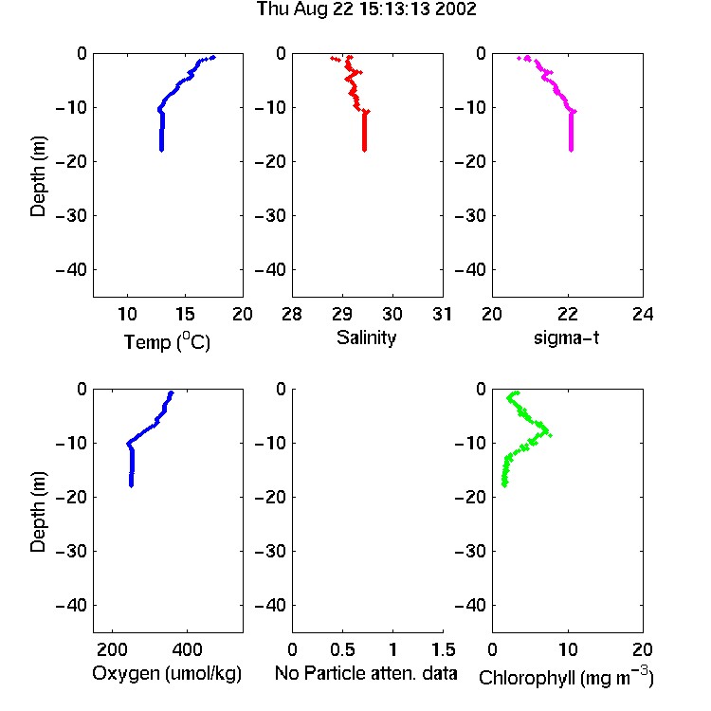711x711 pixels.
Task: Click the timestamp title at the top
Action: tap(366, 9)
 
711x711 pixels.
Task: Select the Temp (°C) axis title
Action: tap(167, 341)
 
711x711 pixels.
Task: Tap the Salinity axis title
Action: tap(366, 337)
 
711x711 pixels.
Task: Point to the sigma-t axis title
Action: tap(566, 337)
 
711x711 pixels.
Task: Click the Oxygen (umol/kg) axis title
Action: tap(167, 673)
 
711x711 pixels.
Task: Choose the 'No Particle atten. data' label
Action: tap(366, 673)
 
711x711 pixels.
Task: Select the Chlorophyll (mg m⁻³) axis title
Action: tap(566, 677)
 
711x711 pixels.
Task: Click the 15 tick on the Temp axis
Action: tap(185, 314)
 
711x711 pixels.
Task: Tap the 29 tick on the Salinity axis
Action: tap(342, 314)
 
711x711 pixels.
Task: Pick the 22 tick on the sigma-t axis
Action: tap(567, 314)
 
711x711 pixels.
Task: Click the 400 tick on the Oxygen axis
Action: tap(187, 649)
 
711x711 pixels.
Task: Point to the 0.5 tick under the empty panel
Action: tap(342, 649)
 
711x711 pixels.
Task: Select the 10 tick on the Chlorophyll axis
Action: tap(567, 649)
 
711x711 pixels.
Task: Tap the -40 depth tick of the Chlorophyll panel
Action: tap(470, 605)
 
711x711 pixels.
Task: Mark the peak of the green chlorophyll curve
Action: tap(551, 435)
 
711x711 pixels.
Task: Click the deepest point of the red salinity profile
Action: tap(364, 150)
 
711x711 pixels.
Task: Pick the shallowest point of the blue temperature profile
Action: tap(212, 57)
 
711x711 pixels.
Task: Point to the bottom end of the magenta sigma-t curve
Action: tap(571, 150)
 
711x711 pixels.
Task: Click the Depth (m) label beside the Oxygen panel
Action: tap(38, 512)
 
